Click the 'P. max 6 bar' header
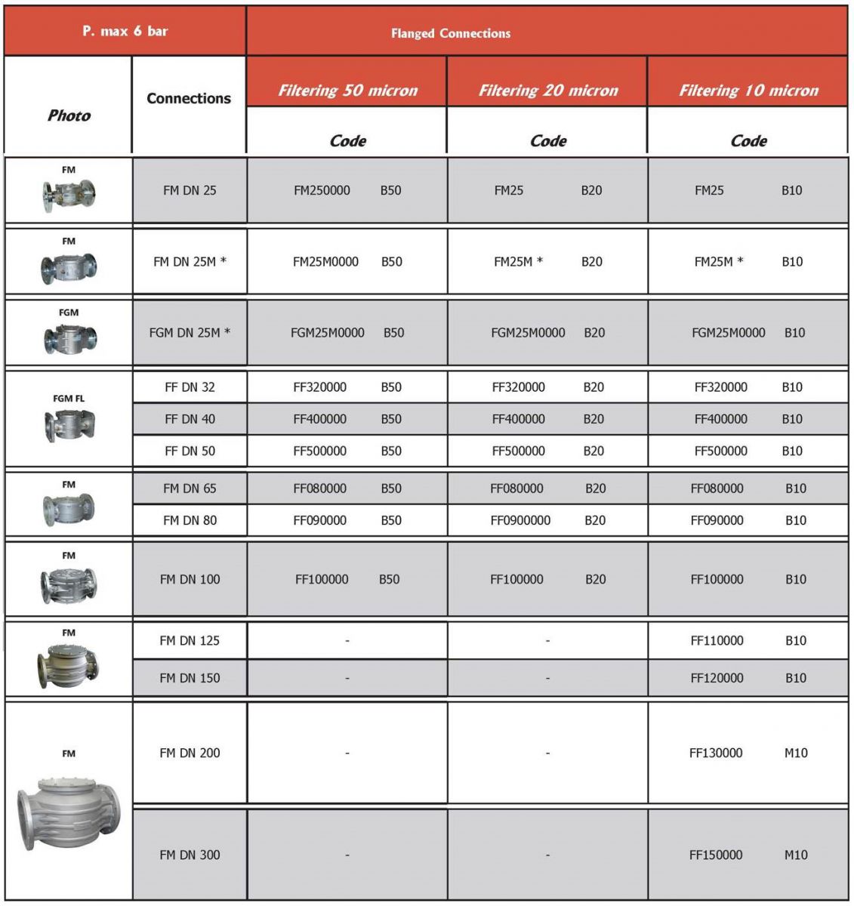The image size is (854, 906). click(x=125, y=31)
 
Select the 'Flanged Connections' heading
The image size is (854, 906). click(x=450, y=33)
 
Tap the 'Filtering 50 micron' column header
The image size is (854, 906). click(x=347, y=91)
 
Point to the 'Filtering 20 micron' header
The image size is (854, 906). click(x=548, y=91)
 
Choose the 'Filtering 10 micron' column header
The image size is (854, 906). click(x=748, y=91)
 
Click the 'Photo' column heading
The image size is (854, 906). click(x=69, y=116)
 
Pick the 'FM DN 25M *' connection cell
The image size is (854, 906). click(x=190, y=262)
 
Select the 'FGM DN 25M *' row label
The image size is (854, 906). click(x=190, y=333)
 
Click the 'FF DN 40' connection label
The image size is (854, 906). click(x=190, y=419)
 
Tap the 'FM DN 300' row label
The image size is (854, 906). click(x=190, y=855)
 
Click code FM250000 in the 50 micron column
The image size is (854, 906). click(x=322, y=191)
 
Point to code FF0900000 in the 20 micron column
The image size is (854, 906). click(x=520, y=521)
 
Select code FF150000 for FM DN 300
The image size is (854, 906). click(x=716, y=855)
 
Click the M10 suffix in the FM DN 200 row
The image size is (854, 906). click(x=796, y=753)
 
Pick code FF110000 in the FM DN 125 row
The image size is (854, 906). click(x=717, y=641)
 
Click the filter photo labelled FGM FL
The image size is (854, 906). click(x=69, y=425)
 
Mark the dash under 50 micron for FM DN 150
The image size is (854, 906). click(x=347, y=679)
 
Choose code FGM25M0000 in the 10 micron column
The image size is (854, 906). click(x=728, y=333)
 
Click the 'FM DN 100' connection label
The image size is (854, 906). click(x=190, y=580)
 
